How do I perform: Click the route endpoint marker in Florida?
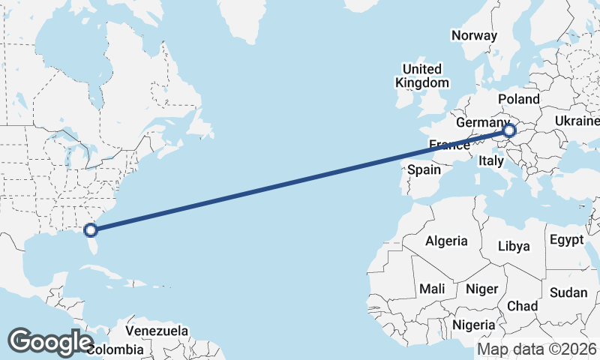pyautogui.click(x=91, y=229)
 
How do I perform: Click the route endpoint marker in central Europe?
pyautogui.click(x=510, y=131)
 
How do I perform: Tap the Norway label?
pyautogui.click(x=474, y=35)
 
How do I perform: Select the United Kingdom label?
pyautogui.click(x=423, y=76)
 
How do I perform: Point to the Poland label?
pyautogui.click(x=518, y=99)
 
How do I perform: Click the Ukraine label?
pyautogui.click(x=577, y=121)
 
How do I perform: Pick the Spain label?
pyautogui.click(x=424, y=169)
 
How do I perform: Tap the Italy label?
pyautogui.click(x=490, y=160)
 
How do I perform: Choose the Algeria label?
pyautogui.click(x=446, y=241)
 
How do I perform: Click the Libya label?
pyautogui.click(x=514, y=246)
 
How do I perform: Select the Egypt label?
pyautogui.click(x=566, y=241)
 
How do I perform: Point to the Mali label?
pyautogui.click(x=433, y=289)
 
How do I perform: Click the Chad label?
pyautogui.click(x=522, y=306)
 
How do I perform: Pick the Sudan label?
pyautogui.click(x=568, y=292)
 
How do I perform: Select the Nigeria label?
pyautogui.click(x=473, y=325)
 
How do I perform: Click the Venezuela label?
pyautogui.click(x=157, y=331)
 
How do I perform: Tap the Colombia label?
pyautogui.click(x=114, y=349)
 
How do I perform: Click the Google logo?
pyautogui.click(x=50, y=341)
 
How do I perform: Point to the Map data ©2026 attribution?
pyautogui.click(x=537, y=349)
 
